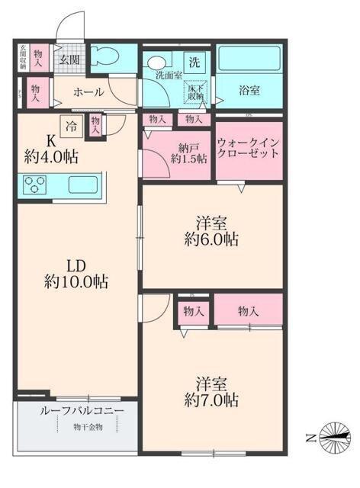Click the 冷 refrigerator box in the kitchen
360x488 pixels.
[70, 127]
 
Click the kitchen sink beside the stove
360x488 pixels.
[81, 185]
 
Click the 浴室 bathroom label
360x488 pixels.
[249, 91]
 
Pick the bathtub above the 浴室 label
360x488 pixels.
[249, 60]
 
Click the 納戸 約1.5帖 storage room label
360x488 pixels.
[188, 153]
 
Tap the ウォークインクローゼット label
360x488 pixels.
[249, 148]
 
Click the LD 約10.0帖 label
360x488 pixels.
[75, 274]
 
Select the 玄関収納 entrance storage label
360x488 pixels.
[24, 58]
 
